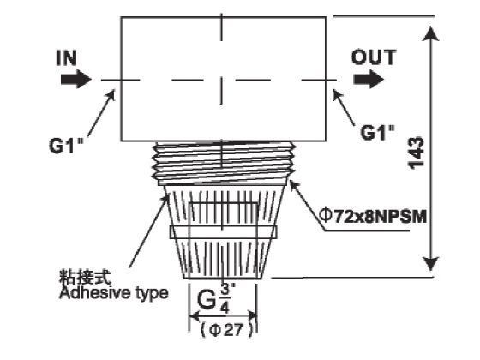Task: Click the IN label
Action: [67, 58]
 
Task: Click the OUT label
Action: [374, 57]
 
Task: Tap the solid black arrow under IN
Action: [76, 79]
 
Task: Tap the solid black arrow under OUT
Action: [369, 79]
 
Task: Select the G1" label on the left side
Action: [66, 146]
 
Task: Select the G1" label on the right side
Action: [377, 133]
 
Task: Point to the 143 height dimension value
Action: [417, 153]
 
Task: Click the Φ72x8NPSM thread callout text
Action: [373, 216]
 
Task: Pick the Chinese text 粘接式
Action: [85, 278]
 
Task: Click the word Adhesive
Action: [94, 292]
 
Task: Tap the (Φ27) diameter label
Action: [227, 330]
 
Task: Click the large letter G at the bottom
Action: [207, 299]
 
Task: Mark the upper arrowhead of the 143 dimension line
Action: [430, 33]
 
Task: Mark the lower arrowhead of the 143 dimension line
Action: [430, 264]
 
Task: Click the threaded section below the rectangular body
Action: [224, 163]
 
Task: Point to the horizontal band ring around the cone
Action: [224, 232]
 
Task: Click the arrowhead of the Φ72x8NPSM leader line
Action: [293, 185]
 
